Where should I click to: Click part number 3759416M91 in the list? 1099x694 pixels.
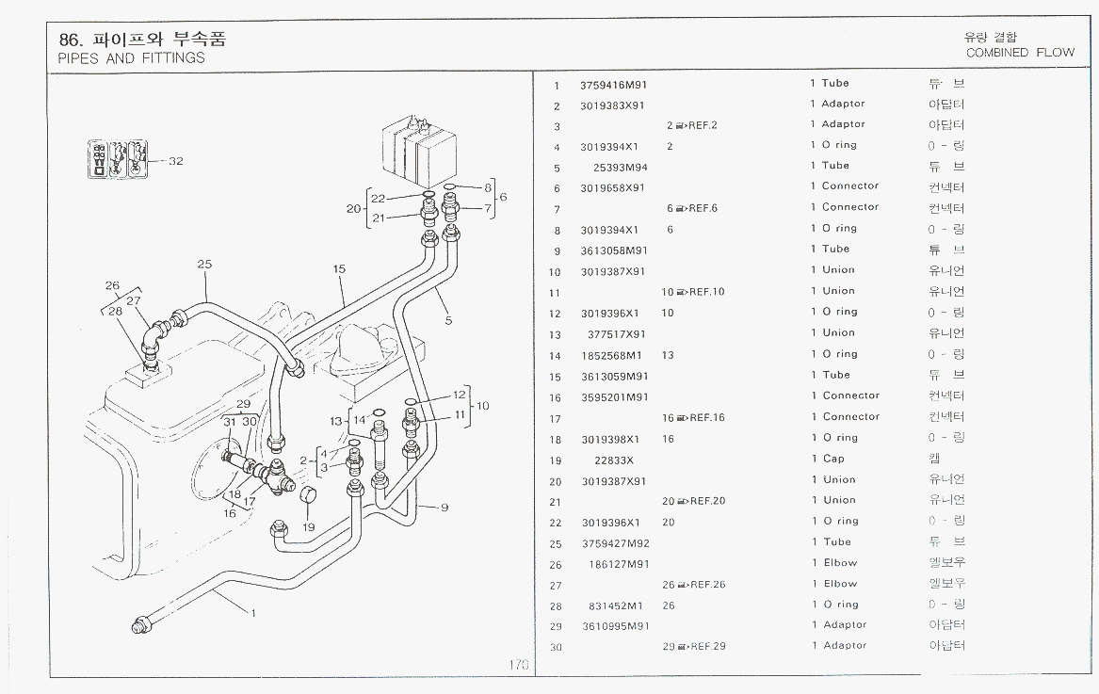pos(614,84)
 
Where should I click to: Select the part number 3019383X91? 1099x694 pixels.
pos(613,105)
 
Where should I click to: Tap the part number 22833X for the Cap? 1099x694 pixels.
pos(613,460)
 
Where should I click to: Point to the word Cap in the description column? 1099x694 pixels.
pos(833,460)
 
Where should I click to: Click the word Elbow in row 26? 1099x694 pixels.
pos(839,563)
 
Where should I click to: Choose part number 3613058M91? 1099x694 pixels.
pos(614,250)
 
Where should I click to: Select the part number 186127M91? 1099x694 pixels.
pos(618,564)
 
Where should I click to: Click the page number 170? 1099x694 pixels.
pos(519,665)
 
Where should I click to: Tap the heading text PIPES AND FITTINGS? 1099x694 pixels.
pos(131,58)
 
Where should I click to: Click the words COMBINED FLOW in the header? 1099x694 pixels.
pos(1020,53)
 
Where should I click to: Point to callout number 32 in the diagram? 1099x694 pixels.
pos(176,161)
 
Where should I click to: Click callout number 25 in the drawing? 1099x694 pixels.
pos(204,265)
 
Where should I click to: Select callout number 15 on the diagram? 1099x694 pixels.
pos(339,269)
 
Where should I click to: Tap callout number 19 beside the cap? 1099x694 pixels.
pos(308,527)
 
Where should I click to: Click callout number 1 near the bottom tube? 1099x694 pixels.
pos(252,612)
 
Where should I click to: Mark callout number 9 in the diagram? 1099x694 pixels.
pos(443,508)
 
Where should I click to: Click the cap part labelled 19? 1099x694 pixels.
pos(307,496)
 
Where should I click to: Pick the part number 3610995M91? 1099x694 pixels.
pos(614,626)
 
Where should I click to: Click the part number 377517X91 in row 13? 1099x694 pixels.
pos(617,334)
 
